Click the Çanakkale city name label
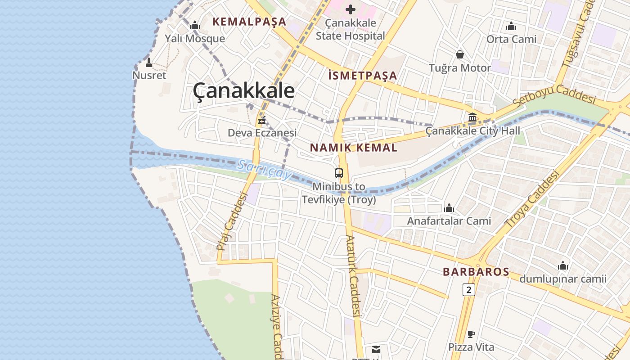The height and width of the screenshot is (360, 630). [243, 91]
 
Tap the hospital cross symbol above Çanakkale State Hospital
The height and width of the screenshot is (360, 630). [351, 9]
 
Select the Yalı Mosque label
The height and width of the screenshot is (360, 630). [195, 39]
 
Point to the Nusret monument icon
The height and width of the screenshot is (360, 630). [149, 63]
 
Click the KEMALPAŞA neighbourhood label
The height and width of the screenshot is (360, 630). [249, 22]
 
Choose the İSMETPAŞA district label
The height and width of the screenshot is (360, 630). [363, 76]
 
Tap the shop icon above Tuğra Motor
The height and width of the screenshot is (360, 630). [460, 54]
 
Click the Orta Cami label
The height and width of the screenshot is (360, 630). [511, 40]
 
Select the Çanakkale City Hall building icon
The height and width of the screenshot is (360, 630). [472, 117]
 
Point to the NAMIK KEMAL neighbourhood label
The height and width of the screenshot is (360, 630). [354, 148]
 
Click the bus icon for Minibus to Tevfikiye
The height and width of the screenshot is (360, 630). [339, 173]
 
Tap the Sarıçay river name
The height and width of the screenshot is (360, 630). [264, 170]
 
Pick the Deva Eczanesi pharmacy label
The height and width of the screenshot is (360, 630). [262, 133]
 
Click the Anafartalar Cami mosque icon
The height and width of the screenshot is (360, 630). [449, 208]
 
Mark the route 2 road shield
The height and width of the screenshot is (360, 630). [468, 290]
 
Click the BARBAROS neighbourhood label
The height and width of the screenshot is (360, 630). [476, 272]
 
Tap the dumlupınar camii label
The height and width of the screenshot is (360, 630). [563, 279]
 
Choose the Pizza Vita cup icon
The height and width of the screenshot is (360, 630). [471, 334]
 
